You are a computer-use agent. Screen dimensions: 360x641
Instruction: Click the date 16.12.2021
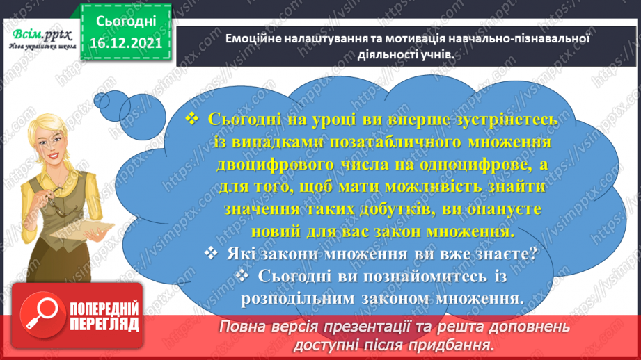tap(126, 44)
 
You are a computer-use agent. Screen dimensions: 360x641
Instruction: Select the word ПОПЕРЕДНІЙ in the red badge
tap(103, 308)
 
